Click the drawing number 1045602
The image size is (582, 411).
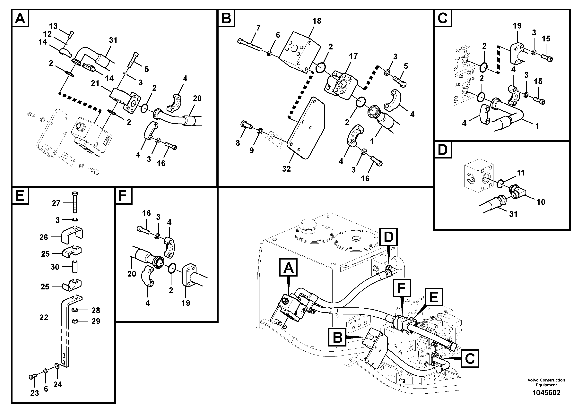546,393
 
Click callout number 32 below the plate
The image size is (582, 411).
286,169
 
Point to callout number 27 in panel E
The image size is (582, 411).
56,203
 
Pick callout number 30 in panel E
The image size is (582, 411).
55,267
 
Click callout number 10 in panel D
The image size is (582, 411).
541,202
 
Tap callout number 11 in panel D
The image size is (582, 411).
521,173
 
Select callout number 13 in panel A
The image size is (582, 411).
53,26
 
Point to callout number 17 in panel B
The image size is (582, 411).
353,56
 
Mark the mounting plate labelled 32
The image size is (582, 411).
305,129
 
